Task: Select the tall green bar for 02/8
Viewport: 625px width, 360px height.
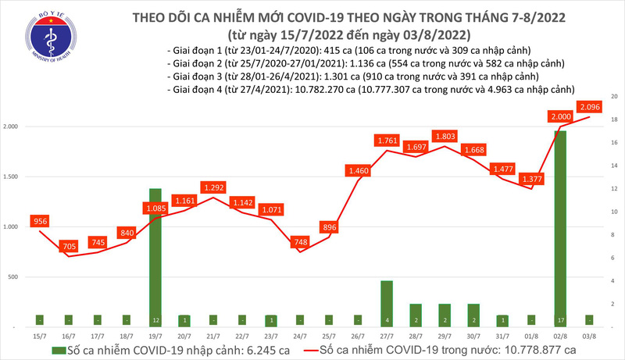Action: coord(560,226)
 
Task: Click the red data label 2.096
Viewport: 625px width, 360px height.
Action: coord(589,107)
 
